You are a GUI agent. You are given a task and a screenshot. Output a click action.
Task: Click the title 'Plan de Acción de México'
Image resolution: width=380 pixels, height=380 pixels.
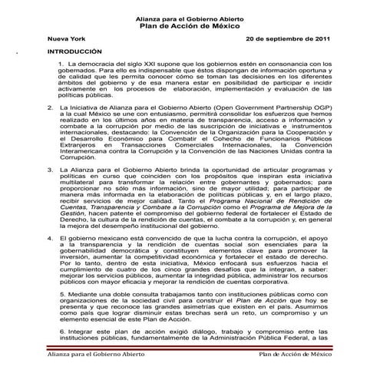click(x=190, y=25)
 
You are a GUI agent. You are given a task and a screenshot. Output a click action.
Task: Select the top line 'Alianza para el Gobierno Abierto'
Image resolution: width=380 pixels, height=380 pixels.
click(x=190, y=16)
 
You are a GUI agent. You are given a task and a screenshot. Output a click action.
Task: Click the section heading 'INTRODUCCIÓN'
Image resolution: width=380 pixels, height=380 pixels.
click(x=75, y=51)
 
